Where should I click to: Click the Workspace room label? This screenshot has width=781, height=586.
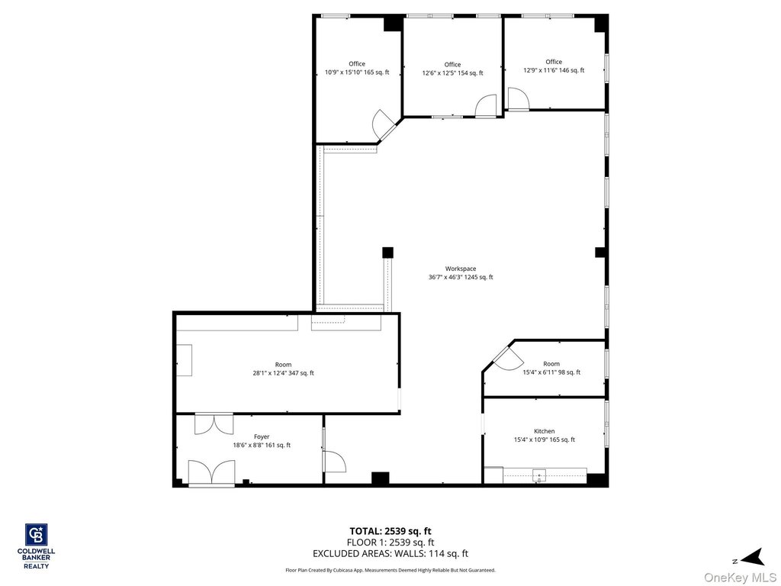point(461,273)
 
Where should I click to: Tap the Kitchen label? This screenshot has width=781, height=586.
point(545,436)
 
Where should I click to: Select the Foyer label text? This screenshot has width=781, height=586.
point(262,441)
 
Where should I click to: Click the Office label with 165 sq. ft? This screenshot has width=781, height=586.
point(357,68)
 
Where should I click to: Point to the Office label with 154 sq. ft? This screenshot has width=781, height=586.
point(452,69)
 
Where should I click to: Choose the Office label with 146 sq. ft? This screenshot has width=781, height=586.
point(554,66)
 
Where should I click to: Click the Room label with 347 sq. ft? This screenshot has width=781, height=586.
point(283,369)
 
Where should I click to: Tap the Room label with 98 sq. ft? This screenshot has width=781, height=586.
point(551,368)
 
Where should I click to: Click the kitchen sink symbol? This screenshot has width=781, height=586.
point(539,475)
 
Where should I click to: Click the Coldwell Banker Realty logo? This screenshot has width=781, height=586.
point(37,546)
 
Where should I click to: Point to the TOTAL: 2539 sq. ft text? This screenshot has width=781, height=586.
point(390,531)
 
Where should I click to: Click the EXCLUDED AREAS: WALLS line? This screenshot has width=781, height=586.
point(390,554)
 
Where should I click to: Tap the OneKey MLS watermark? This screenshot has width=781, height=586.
point(740,578)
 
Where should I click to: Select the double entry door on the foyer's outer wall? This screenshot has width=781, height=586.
point(212,472)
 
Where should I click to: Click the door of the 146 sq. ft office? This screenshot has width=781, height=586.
point(518,98)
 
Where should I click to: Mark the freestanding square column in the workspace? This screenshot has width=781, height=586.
point(387,253)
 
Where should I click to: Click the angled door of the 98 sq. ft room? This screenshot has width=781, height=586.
point(508,357)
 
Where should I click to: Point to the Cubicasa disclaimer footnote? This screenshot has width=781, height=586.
point(390,570)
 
